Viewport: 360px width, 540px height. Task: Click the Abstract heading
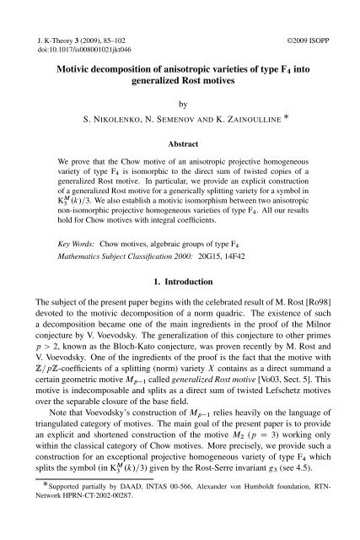[180, 144]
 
